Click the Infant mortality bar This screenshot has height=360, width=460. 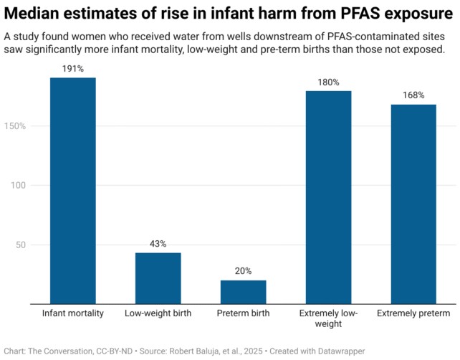73,190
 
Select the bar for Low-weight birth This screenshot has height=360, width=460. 158,278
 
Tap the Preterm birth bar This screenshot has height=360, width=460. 244,291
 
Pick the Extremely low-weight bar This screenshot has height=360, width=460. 329,196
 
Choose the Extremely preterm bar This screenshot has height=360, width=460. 413,204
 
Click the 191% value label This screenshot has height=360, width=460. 73,69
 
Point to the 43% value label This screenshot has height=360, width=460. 158,244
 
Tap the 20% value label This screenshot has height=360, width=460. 244,271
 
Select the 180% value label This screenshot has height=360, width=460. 329,82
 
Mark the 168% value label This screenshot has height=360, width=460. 413,95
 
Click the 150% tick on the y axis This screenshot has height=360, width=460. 14,126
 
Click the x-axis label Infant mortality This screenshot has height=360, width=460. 73,314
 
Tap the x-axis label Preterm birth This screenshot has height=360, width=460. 244,314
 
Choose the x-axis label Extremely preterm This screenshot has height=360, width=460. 413,314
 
